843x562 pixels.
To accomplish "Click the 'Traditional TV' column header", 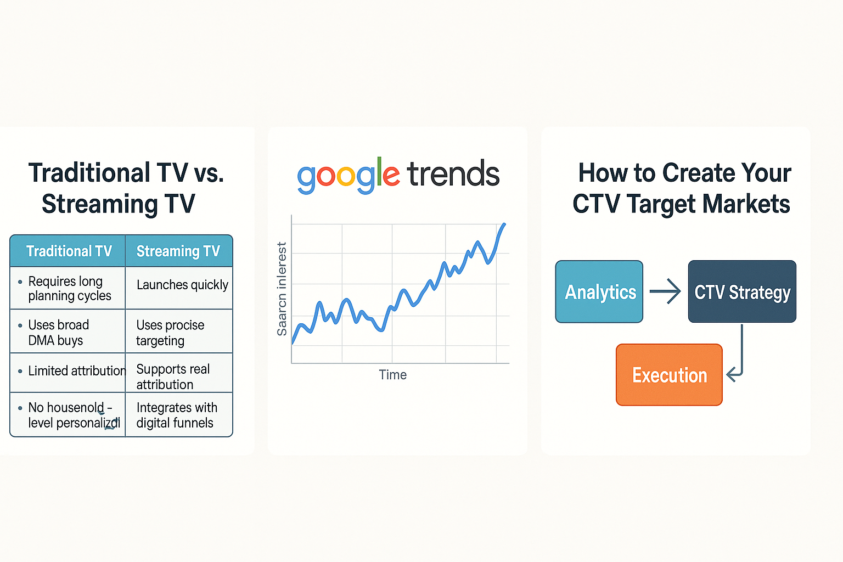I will click(x=69, y=251).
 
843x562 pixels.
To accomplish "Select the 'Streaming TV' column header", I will click(x=178, y=251).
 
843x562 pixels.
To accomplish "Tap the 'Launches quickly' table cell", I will click(x=182, y=285).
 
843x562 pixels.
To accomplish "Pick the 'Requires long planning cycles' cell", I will click(x=69, y=289).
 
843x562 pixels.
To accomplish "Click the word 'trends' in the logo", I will click(x=453, y=175).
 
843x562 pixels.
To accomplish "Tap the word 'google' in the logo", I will click(x=348, y=176).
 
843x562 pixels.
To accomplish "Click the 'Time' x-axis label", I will click(x=392, y=375).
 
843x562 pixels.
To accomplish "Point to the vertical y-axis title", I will click(x=282, y=289).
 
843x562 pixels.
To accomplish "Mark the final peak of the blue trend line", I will click(x=504, y=224).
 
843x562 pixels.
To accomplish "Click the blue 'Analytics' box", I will click(x=599, y=292).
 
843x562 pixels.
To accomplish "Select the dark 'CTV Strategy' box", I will click(x=742, y=292).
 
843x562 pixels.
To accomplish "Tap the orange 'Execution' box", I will click(x=669, y=375).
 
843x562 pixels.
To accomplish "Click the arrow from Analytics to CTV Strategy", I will click(x=665, y=291).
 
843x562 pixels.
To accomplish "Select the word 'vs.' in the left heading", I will click(x=209, y=173).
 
